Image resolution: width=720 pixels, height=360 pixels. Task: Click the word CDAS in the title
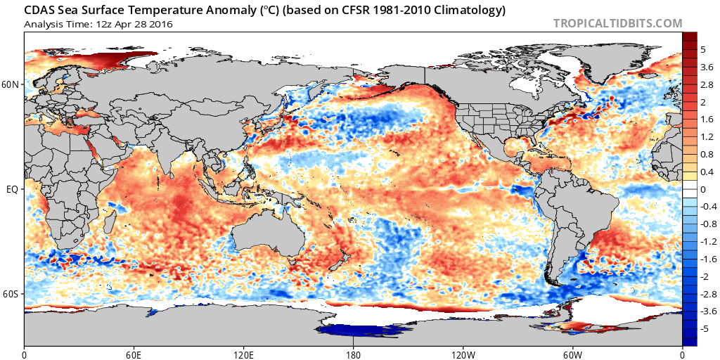41,11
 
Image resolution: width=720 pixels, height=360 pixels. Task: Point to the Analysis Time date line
98,24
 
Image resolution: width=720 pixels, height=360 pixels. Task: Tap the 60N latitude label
11,85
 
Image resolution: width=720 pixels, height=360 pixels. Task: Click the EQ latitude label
12,190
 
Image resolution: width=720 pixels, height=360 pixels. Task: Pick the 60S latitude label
11,294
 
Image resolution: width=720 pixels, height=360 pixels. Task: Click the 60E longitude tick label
134,353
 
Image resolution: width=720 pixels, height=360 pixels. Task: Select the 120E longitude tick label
243,353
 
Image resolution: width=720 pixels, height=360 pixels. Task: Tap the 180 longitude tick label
353,353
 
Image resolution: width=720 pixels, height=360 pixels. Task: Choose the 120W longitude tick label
463,353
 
